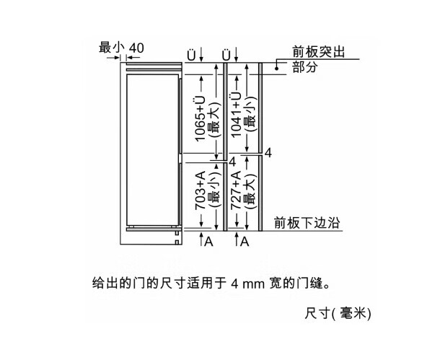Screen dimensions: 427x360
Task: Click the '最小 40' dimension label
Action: (x=121, y=48)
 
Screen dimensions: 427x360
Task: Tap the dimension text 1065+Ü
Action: (x=200, y=119)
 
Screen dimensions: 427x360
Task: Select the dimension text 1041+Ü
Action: (x=236, y=115)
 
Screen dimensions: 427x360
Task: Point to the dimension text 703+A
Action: (x=200, y=190)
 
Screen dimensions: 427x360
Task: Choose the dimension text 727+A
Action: (x=236, y=190)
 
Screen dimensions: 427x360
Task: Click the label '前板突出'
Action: (x=319, y=52)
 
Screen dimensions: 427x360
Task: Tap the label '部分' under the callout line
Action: (x=305, y=67)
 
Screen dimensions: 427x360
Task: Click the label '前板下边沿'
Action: (x=307, y=223)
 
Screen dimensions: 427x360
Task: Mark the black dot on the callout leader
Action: (x=276, y=69)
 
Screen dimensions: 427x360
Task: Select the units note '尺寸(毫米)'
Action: (x=338, y=313)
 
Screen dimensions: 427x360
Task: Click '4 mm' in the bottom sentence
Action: (x=248, y=284)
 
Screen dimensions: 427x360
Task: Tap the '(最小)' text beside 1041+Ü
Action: (x=250, y=115)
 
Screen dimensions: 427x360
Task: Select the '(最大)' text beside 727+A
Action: (x=250, y=190)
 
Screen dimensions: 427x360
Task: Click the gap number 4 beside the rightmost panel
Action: (x=268, y=153)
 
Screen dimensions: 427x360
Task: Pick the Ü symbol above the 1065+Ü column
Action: (x=191, y=55)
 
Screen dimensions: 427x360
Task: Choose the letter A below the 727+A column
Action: (x=245, y=241)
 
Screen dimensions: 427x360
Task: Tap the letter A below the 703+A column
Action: (x=208, y=241)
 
